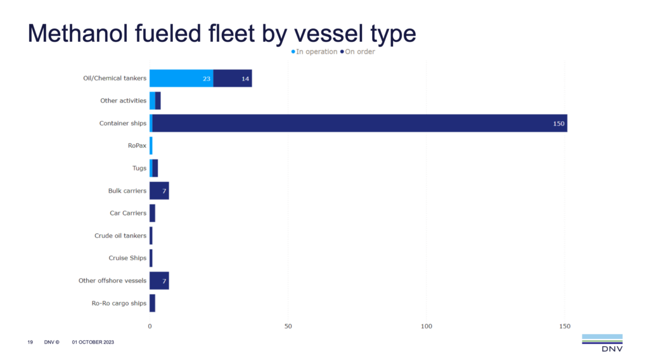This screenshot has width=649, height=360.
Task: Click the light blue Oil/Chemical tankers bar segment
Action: (x=181, y=79)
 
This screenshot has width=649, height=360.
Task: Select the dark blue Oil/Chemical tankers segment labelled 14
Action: (x=233, y=79)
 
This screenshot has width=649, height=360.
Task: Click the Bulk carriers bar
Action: (x=159, y=191)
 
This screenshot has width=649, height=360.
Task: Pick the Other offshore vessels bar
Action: (x=159, y=281)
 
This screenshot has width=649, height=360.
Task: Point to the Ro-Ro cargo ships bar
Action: (x=152, y=303)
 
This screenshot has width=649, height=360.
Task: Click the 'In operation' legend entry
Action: (x=314, y=51)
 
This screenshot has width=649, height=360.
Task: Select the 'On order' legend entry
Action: (x=358, y=51)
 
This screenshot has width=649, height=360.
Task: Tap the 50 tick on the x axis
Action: (x=288, y=326)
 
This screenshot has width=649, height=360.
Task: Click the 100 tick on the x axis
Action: (x=427, y=326)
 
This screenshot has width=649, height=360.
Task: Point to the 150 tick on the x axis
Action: (x=565, y=326)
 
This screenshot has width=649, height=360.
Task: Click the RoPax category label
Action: (x=137, y=146)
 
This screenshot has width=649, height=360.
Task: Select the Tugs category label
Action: (x=139, y=169)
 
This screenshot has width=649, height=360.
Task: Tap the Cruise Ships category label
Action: (x=127, y=258)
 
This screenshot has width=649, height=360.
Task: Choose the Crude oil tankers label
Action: (x=120, y=236)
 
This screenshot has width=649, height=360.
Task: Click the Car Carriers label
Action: (x=128, y=213)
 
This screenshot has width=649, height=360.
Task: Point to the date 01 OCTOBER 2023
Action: (x=93, y=342)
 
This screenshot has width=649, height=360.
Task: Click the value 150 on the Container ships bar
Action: (x=558, y=124)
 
